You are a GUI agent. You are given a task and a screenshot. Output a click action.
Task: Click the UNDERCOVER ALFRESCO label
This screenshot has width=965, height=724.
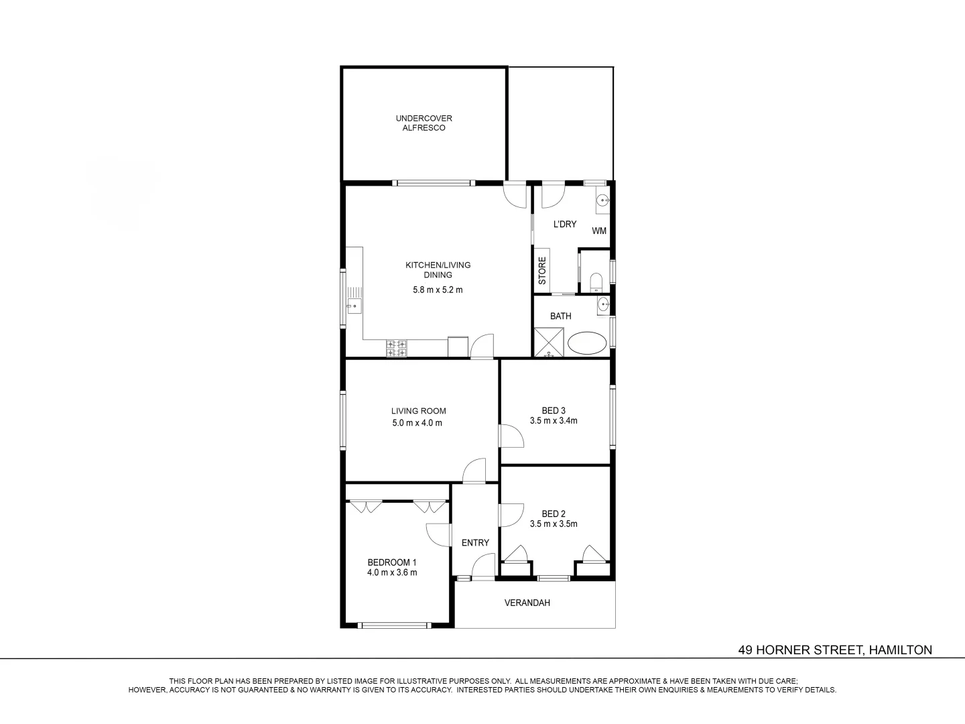pos(424,123)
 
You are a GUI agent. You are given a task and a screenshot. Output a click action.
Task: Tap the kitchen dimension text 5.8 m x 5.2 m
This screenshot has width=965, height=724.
pos(438,290)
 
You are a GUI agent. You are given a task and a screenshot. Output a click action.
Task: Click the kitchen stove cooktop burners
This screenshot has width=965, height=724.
pos(396,349)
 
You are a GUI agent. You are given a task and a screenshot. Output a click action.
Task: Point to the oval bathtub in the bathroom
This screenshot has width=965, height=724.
pos(587,343)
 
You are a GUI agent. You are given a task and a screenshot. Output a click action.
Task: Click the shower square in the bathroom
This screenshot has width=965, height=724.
pos(549,343)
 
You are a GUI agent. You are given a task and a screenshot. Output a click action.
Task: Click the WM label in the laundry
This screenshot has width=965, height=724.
pos(599,231)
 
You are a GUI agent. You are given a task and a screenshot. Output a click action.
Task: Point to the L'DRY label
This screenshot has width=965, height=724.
pos(564,225)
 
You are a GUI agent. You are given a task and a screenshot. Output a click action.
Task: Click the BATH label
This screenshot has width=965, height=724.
pos(560,316)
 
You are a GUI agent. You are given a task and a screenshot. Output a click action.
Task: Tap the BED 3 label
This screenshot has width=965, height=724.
pos(554,410)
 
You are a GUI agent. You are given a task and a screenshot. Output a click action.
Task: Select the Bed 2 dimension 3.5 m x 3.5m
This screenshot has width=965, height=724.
pos(554,524)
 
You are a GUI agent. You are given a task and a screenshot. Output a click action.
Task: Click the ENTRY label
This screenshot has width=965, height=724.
pos(475,543)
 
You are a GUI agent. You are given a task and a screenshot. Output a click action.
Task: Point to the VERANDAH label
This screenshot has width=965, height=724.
pos(527,603)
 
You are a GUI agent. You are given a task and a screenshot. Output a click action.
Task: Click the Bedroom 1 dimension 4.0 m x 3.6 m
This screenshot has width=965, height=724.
pos(392,572)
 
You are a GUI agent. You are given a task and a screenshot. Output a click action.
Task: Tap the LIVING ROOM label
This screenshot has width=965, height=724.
pos(418,411)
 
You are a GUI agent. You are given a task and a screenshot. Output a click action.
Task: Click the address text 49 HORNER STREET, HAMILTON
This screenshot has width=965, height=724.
pos(835,650)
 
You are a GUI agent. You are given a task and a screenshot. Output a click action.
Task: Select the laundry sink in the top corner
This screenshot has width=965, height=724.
pos(602,200)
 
